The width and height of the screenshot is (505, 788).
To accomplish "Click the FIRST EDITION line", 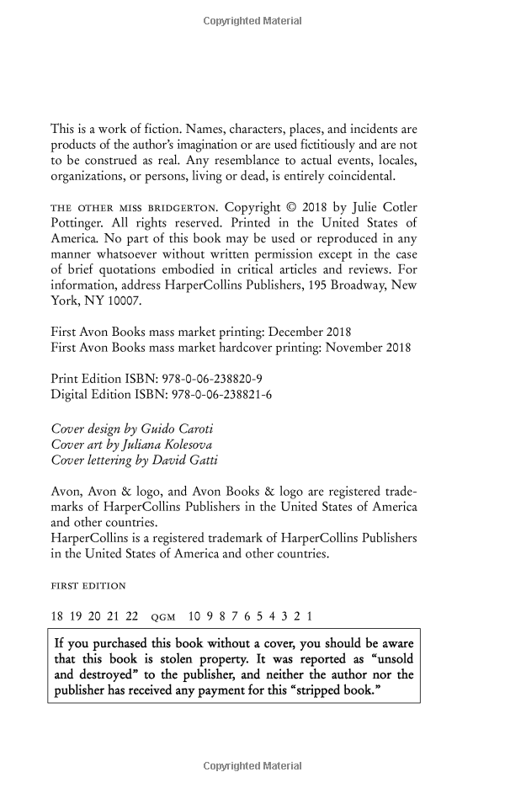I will click(88, 586).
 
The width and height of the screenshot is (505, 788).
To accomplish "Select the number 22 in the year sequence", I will click(131, 616).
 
